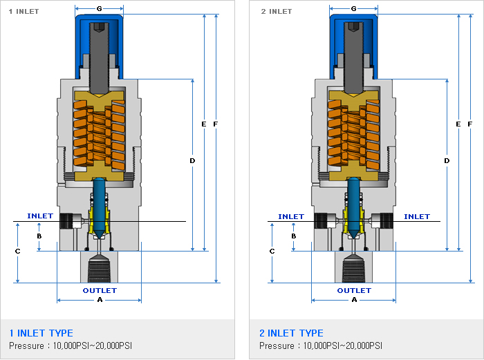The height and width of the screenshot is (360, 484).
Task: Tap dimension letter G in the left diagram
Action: [100, 9]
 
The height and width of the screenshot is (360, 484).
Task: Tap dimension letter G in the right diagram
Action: [354, 9]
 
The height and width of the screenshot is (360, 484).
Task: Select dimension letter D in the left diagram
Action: [192, 160]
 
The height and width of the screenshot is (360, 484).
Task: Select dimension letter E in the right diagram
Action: [458, 124]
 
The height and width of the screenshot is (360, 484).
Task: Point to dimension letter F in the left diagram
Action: [216, 124]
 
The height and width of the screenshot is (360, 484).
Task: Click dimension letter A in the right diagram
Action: [355, 301]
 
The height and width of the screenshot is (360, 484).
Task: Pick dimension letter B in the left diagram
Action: [39, 236]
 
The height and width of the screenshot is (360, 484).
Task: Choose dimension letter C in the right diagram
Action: [272, 252]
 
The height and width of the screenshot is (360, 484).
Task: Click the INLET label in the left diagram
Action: [40, 216]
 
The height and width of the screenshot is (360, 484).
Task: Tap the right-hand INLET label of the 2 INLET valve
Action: [417, 216]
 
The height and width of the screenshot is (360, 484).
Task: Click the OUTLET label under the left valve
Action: [100, 290]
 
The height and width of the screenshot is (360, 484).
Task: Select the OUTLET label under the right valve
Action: [354, 290]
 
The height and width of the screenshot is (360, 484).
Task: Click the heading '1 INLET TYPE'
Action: [41, 333]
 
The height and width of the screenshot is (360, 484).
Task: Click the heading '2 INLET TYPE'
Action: [291, 333]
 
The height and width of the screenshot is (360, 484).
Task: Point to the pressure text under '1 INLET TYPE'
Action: [70, 345]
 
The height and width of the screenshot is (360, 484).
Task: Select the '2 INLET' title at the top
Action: [277, 11]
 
